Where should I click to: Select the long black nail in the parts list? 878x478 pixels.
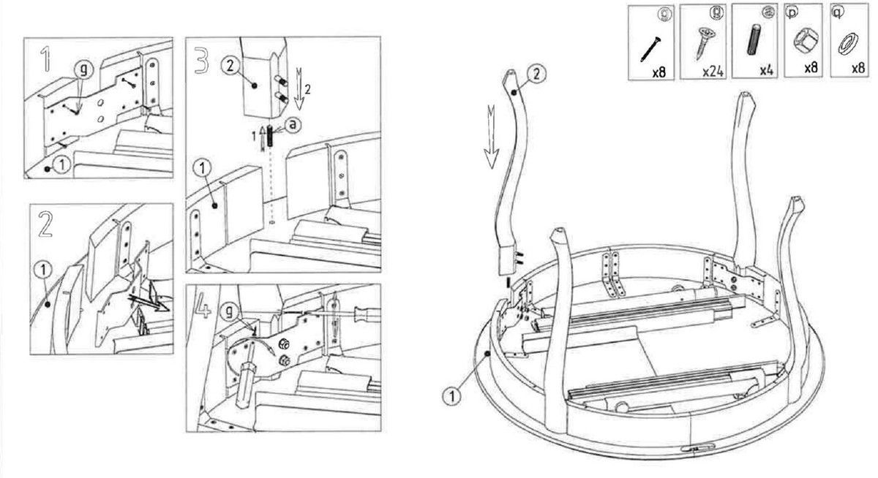650,47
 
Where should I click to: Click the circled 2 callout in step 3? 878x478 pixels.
228,66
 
